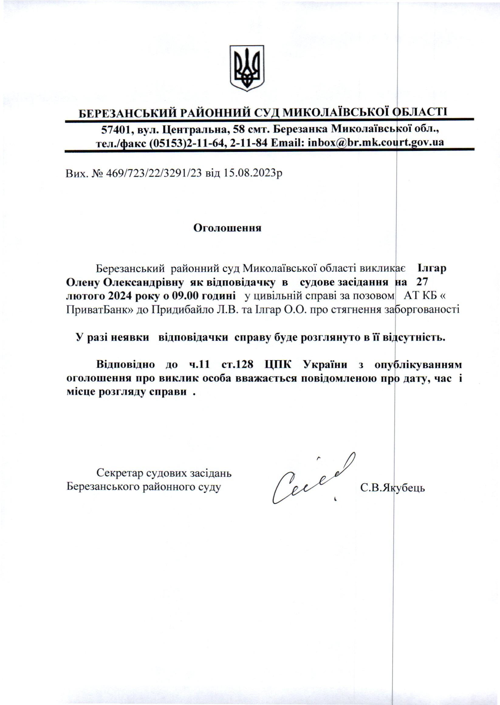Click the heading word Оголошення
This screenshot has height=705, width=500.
point(227,228)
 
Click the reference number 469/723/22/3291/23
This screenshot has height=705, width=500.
point(154,174)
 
